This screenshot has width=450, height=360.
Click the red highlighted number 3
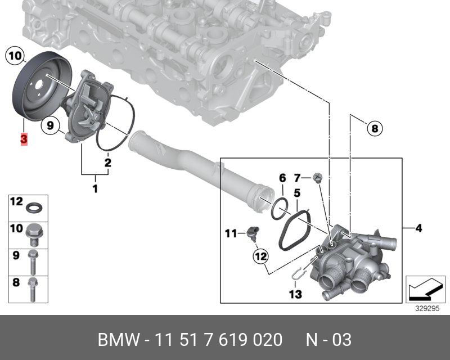[24, 139]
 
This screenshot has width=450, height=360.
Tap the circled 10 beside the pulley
[15, 56]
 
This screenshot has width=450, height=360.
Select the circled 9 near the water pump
[50, 125]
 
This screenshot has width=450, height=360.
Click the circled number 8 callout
[375, 128]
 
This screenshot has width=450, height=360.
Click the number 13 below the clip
[295, 294]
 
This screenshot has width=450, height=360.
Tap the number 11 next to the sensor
[231, 233]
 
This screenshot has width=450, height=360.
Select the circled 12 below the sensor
[260, 256]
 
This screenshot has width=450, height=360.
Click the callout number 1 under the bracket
[95, 188]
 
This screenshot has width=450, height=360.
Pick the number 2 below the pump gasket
[107, 163]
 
